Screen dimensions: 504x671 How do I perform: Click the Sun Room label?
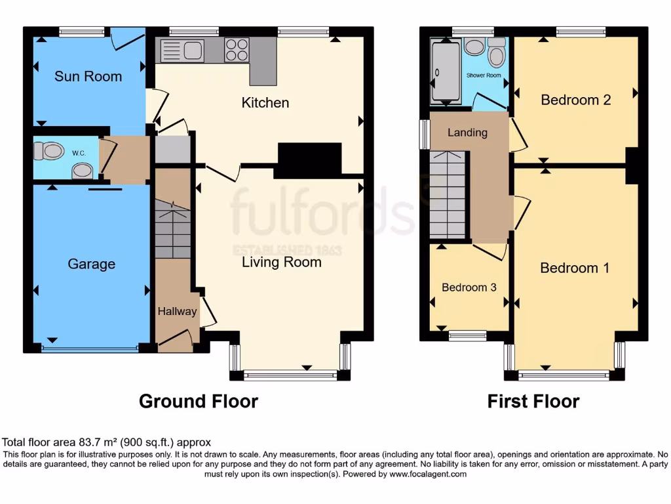(x=88, y=76)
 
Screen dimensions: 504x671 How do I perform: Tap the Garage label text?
(x=91, y=264)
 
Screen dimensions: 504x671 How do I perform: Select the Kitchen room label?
(x=265, y=102)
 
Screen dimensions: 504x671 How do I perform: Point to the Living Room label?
(x=282, y=262)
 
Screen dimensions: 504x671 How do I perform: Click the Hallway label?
(x=177, y=311)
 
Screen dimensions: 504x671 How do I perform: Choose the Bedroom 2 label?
(x=575, y=100)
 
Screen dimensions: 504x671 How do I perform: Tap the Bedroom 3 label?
(x=469, y=287)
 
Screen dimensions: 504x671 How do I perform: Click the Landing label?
(x=467, y=133)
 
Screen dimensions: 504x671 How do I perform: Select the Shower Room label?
(x=484, y=75)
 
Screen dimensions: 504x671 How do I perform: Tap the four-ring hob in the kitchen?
(x=237, y=50)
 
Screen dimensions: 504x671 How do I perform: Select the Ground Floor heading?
(x=198, y=401)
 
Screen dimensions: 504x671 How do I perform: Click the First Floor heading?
(x=533, y=401)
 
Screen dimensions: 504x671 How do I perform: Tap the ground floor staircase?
(x=172, y=230)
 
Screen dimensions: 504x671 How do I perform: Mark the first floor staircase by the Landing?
(x=448, y=195)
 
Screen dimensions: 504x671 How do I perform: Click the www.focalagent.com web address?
(x=427, y=474)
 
